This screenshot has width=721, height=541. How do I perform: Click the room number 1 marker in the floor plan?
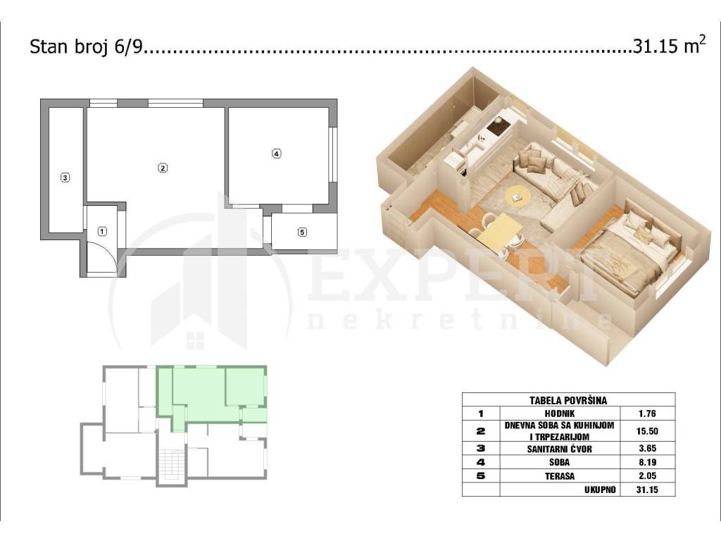tap(103, 231)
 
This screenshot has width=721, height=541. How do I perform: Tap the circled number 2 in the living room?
tap(163, 168)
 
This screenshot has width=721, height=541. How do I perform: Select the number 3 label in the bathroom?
tap(65, 177)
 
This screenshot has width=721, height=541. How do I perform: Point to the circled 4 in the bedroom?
tap(276, 154)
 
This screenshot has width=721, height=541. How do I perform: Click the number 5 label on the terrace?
tap(302, 232)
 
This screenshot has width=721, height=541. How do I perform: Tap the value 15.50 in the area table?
tap(648, 431)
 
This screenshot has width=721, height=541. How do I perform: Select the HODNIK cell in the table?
tap(560, 413)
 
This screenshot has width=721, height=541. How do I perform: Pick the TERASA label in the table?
tap(560, 476)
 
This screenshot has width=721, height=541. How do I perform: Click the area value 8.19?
tap(648, 462)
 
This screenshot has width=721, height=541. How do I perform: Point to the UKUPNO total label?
tap(600, 490)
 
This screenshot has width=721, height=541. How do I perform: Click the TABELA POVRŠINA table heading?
tap(568, 400)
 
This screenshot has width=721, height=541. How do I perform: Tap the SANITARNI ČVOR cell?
tap(560, 449)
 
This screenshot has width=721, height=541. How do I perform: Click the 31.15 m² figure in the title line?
tap(669, 46)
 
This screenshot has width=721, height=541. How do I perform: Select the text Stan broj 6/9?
tap(87, 47)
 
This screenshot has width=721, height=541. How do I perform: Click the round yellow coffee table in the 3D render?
tap(518, 197)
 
